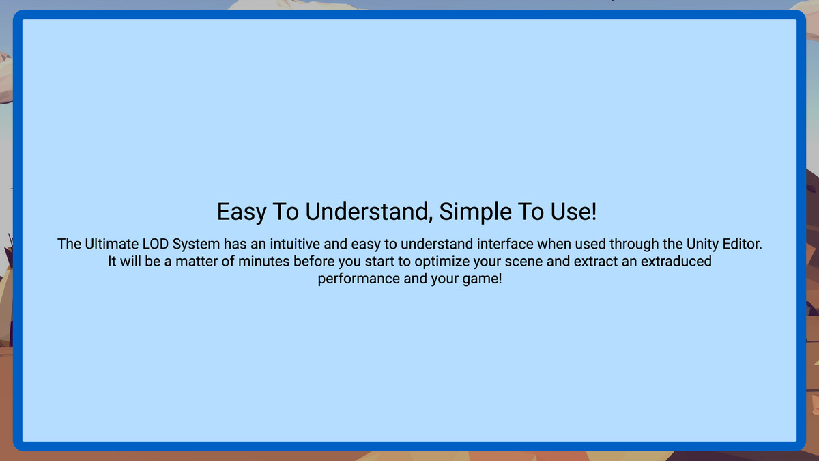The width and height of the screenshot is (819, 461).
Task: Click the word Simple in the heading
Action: [475, 212]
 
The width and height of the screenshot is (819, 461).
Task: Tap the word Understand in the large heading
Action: [369, 212]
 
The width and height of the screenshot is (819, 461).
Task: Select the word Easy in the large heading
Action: [242, 212]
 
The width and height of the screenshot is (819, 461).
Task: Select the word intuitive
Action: [295, 244]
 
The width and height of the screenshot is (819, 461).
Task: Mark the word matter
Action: [194, 262]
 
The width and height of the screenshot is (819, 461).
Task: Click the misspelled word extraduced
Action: [676, 262]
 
